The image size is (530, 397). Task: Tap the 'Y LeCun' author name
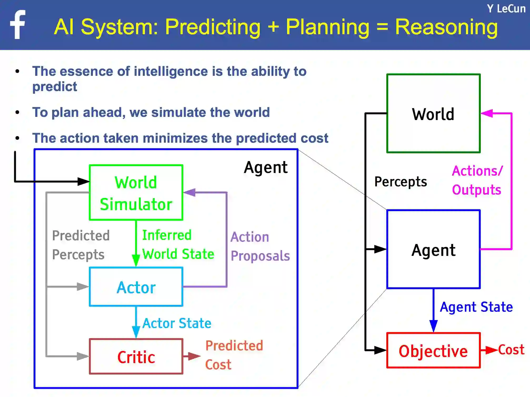click(x=506, y=9)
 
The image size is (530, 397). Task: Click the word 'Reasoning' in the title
click(x=446, y=27)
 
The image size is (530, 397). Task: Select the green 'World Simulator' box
click(x=136, y=192)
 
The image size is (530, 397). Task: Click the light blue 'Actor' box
click(x=136, y=287)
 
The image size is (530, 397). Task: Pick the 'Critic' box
click(x=136, y=357)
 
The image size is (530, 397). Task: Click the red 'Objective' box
click(x=433, y=351)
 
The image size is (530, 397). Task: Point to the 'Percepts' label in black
click(x=401, y=182)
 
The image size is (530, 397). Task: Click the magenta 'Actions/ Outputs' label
click(x=477, y=180)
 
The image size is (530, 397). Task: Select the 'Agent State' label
click(x=476, y=307)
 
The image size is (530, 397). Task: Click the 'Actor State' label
click(x=177, y=323)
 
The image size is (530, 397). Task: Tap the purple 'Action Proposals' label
click(x=260, y=246)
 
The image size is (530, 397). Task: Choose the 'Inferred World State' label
click(x=178, y=245)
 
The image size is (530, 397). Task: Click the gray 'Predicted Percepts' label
click(x=81, y=245)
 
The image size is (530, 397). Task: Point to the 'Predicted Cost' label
click(x=234, y=355)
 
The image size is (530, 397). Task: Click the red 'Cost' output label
click(x=511, y=350)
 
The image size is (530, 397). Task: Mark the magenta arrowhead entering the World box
click(x=487, y=113)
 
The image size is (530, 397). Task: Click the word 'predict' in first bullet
click(x=55, y=87)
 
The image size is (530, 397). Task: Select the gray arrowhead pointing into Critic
click(x=83, y=356)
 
